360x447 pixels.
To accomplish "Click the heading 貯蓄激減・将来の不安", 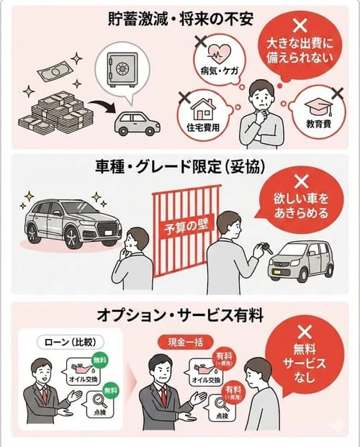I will pyautogui.click(x=180, y=18).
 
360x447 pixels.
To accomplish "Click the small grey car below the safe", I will pyautogui.click(x=138, y=125).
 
